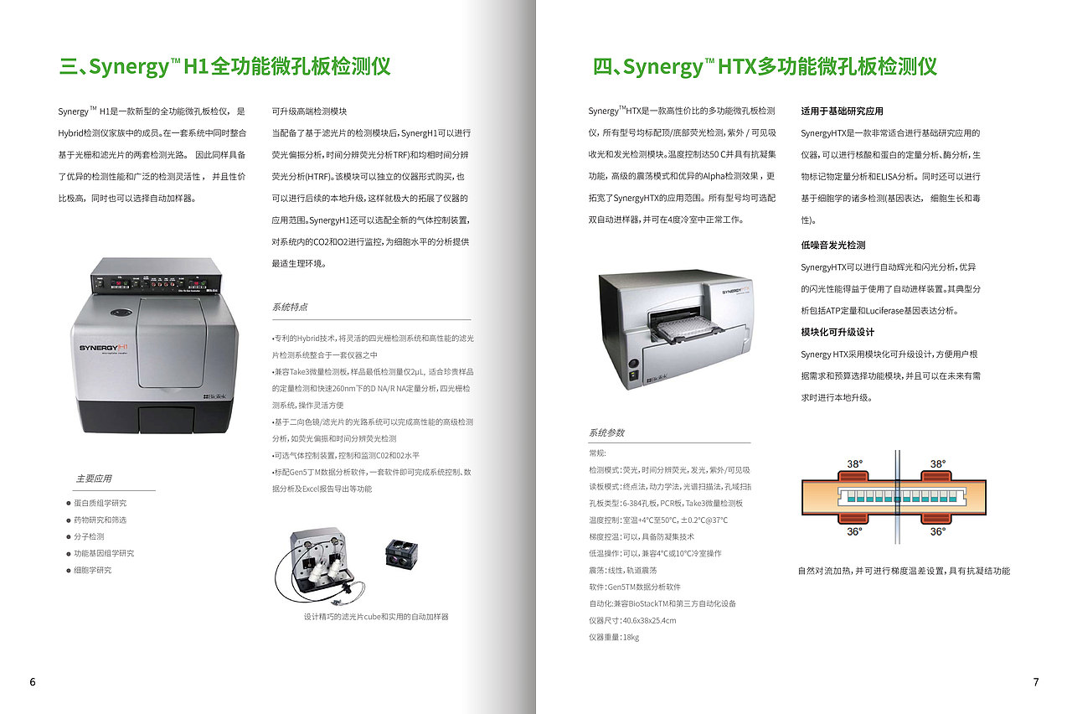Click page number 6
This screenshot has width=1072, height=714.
coord(33,681)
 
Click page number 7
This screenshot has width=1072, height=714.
coord(1036,681)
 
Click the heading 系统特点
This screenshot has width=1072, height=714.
coord(290,307)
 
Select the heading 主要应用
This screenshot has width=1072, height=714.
coord(94,479)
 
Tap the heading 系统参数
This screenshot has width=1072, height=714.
coord(606,432)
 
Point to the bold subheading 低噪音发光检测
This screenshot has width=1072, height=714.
coord(833,246)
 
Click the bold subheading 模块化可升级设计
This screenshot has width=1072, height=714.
coord(837,333)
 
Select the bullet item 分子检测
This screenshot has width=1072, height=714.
coord(89,536)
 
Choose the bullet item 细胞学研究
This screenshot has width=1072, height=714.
coord(92,570)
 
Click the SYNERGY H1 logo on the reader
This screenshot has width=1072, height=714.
coord(103,348)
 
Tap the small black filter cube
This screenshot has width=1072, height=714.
coord(401,554)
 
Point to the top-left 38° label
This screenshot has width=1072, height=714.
coord(855,463)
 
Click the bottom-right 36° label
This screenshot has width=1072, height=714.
coord(937,531)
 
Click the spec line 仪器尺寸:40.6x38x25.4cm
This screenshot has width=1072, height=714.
coord(632,620)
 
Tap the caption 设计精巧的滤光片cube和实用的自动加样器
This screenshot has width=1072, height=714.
coord(376,616)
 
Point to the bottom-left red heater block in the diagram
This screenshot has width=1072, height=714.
coord(853,519)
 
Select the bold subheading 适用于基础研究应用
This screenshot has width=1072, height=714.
coord(843,111)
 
